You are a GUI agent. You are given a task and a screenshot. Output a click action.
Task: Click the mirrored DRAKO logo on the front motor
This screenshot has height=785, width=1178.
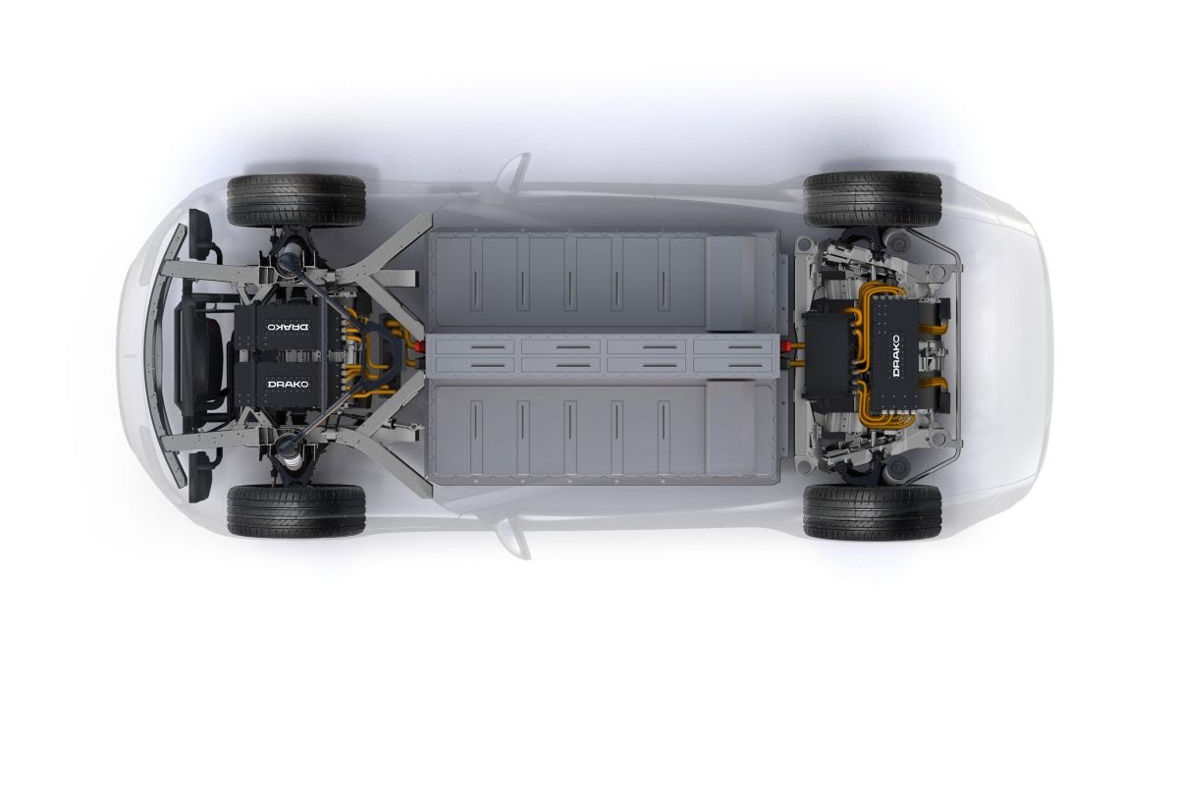(289, 327)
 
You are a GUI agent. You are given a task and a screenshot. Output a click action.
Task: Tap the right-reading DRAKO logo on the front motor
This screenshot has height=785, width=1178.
(289, 385)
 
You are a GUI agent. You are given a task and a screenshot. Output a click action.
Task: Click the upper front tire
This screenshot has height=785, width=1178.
(296, 201)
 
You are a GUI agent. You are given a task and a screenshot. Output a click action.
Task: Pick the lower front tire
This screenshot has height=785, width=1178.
(296, 511)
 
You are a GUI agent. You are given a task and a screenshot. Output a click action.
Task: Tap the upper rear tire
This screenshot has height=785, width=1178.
(873, 200)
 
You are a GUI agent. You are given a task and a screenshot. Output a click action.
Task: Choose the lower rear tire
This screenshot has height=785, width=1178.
(873, 512)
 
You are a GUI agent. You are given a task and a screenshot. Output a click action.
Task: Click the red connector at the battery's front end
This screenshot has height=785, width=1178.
(419, 346)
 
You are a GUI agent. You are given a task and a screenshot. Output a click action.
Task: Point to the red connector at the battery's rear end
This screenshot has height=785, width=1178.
(787, 345)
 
